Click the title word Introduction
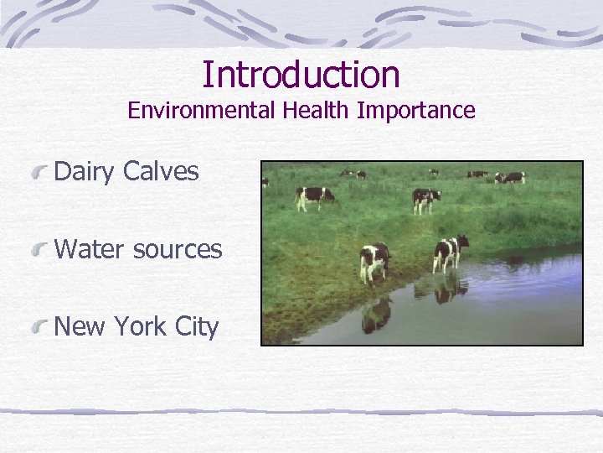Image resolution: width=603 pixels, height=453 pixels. pyautogui.click(x=301, y=74)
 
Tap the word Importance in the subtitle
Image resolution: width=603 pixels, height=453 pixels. pyautogui.click(x=416, y=111)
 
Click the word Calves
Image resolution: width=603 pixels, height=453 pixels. pyautogui.click(x=161, y=172)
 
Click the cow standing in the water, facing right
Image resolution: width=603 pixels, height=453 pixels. pyautogui.click(x=451, y=252)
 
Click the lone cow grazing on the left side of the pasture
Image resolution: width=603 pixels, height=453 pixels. pyautogui.click(x=315, y=197)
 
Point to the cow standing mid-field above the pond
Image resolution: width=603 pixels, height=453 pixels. pyautogui.click(x=425, y=200)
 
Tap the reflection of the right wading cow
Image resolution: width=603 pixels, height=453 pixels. pyautogui.click(x=451, y=289)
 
